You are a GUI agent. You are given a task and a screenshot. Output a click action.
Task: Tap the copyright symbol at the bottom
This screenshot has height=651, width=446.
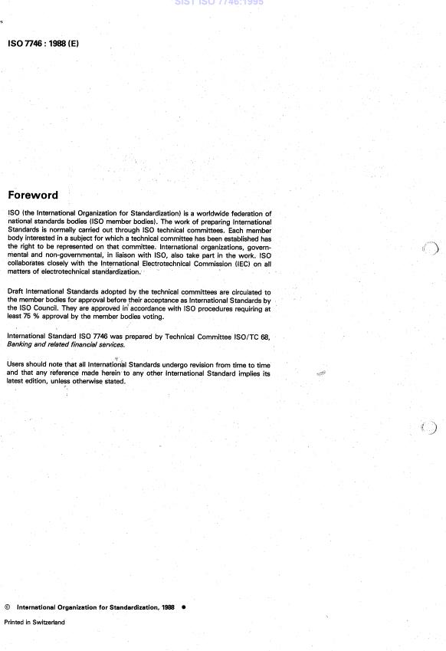tap(8, 606)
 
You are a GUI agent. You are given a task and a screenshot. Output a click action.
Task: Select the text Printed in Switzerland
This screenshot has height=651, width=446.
tap(34, 622)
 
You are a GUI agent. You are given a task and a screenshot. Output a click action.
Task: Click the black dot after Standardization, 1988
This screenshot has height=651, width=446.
tap(184, 606)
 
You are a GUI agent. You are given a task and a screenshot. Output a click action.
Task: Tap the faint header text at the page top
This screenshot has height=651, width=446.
tap(222, 4)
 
